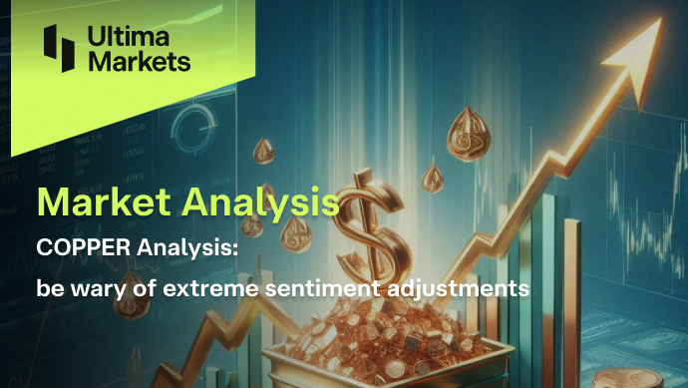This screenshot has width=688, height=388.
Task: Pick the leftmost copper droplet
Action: tap(263, 151)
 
